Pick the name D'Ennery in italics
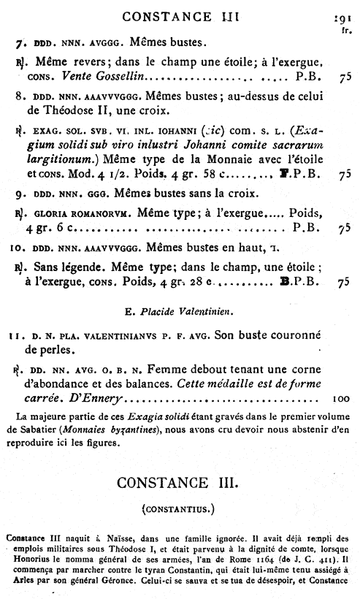click(x=98, y=399)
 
